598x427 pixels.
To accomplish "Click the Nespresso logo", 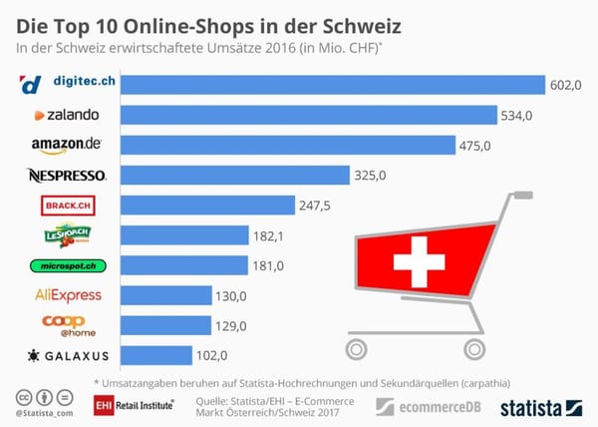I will pos(67,176).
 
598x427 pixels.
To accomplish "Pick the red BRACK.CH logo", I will pos(66,206).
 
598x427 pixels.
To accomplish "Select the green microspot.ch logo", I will pos(66,265).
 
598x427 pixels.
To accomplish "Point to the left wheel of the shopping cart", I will pos(356,347).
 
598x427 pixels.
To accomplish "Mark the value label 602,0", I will pos(566,86).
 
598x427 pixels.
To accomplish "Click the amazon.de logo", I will pos(67,146).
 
